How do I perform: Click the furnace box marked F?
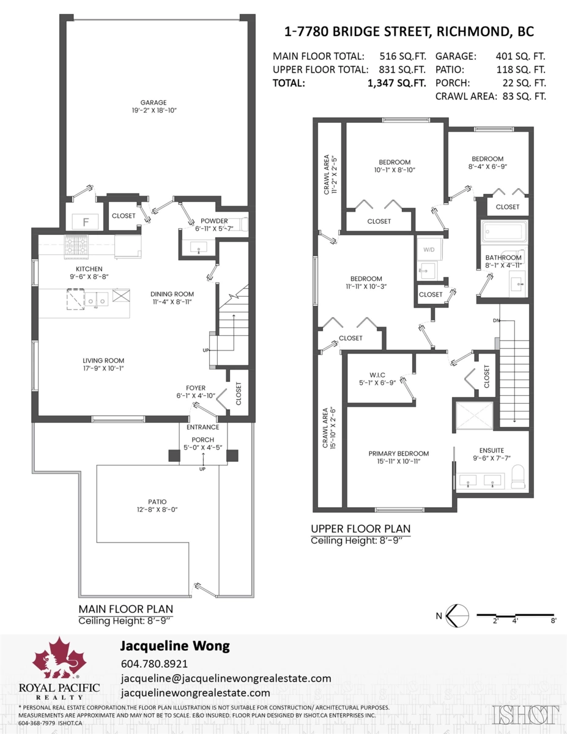tap(86, 221)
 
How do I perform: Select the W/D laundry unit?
tap(429, 250)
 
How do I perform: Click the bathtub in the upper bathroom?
tap(505, 231)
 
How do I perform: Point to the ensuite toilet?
tap(518, 476)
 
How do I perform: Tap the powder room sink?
tap(199, 248)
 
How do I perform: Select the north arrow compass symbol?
tap(458, 615)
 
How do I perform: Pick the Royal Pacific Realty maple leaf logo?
tap(59, 657)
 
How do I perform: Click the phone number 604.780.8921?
tap(154, 664)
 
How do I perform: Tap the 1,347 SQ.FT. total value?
tap(397, 83)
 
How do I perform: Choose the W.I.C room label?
tap(377, 375)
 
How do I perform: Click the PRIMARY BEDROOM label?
tap(398, 453)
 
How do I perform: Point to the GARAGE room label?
tap(154, 102)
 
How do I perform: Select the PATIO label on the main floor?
tap(157, 502)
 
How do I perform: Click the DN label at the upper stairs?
tap(496, 321)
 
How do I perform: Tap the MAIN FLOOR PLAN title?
tap(125, 609)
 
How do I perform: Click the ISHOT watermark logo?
tap(525, 715)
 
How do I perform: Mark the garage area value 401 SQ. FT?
tap(521, 56)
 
